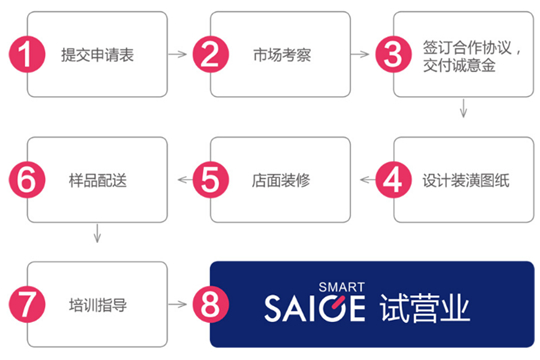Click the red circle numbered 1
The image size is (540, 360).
click(x=27, y=54)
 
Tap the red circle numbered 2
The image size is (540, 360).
click(x=210, y=54)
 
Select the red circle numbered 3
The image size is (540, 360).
click(x=393, y=54)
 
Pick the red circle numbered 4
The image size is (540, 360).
click(x=393, y=179)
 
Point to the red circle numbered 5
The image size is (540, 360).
click(x=210, y=179)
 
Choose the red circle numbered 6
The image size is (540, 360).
click(x=27, y=179)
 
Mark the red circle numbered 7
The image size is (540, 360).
click(x=27, y=304)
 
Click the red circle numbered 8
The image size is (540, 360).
click(x=210, y=304)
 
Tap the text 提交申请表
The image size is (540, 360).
click(x=97, y=55)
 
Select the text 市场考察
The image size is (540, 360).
click(x=282, y=55)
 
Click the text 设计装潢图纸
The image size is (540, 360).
click(x=466, y=181)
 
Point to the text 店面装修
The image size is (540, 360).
click(x=281, y=181)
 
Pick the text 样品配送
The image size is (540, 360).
click(x=98, y=181)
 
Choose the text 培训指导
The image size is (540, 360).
click(x=98, y=305)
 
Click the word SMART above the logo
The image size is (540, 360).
click(x=341, y=287)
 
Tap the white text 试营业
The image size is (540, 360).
click(x=425, y=308)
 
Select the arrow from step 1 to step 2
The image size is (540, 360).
click(x=177, y=54)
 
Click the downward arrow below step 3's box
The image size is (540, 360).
click(x=464, y=109)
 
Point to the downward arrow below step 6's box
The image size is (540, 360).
click(x=97, y=234)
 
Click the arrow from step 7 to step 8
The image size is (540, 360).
click(x=177, y=304)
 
